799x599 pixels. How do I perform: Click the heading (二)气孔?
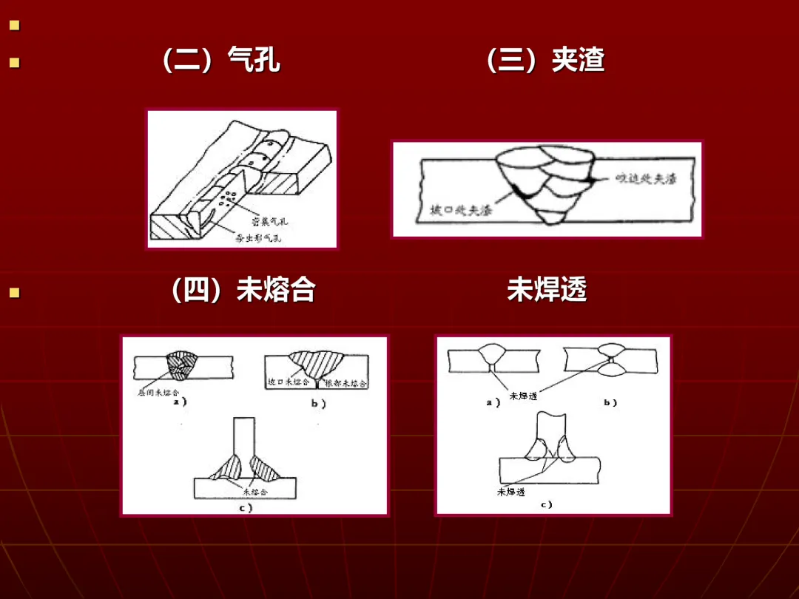click(x=220, y=61)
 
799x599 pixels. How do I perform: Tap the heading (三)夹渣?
click(x=545, y=61)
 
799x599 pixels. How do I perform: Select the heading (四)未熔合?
click(x=242, y=291)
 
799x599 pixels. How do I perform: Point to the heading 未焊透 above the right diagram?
click(x=547, y=291)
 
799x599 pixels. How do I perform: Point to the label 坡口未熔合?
click(x=289, y=382)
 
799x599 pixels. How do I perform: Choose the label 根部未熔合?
click(x=346, y=383)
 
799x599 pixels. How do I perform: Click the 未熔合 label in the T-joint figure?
click(x=255, y=490)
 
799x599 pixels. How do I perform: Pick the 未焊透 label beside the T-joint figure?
click(x=511, y=492)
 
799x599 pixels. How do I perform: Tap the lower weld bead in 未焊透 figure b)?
click(x=611, y=373)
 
